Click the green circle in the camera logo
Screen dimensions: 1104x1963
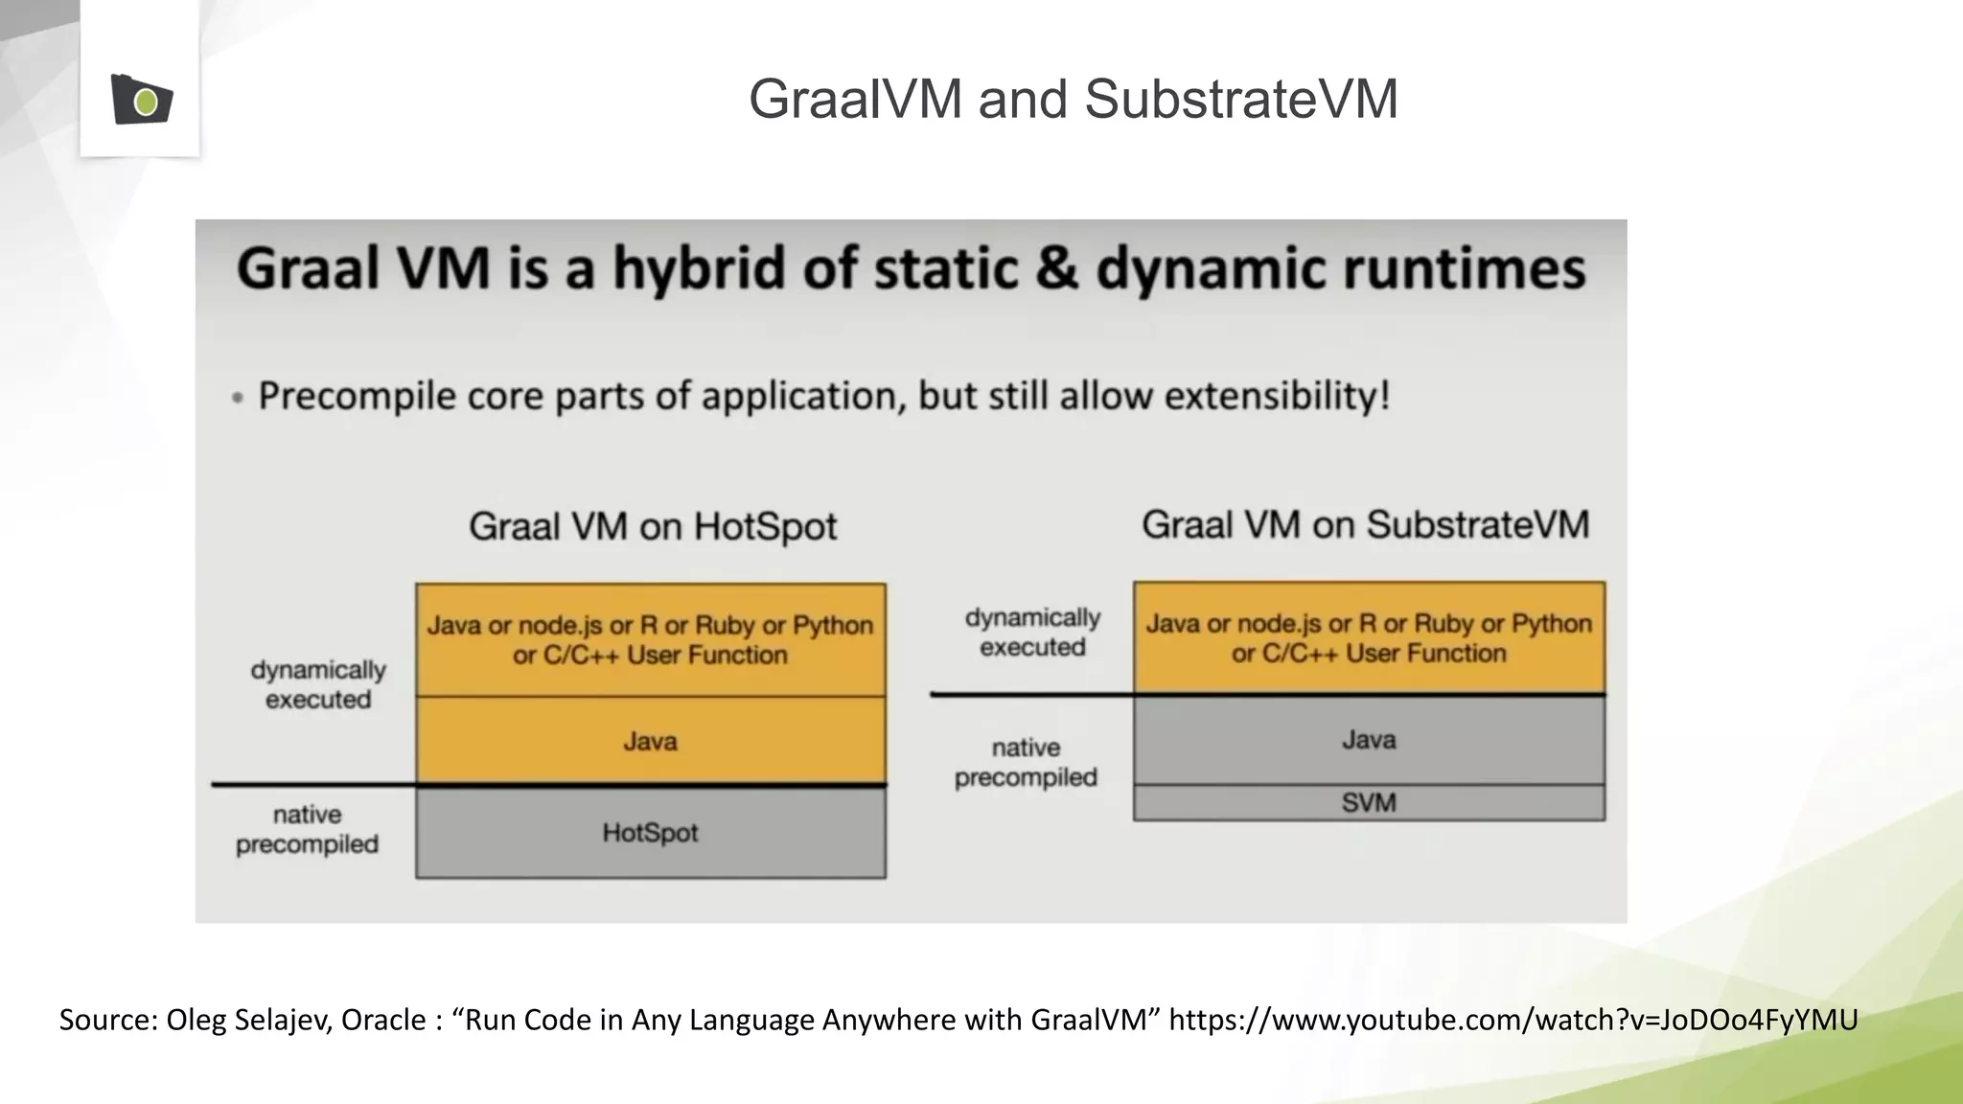point(146,103)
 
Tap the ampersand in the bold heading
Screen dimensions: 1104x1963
point(1056,267)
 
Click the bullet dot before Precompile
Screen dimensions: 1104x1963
point(238,398)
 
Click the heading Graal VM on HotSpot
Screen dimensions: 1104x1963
point(653,526)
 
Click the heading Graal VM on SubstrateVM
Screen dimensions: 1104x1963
point(1365,524)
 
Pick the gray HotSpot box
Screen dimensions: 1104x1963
point(650,832)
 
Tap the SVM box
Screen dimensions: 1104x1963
point(1368,802)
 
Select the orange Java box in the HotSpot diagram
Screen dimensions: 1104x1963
point(650,741)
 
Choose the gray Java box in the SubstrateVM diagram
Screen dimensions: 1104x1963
point(1368,739)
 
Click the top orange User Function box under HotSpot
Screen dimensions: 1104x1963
point(650,639)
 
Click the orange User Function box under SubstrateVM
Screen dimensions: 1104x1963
point(1368,637)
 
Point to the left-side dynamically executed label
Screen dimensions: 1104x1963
point(318,684)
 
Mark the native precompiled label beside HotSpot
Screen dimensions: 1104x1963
point(307,829)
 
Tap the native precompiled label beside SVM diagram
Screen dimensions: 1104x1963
point(1026,762)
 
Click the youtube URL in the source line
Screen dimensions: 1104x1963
point(1513,1019)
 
